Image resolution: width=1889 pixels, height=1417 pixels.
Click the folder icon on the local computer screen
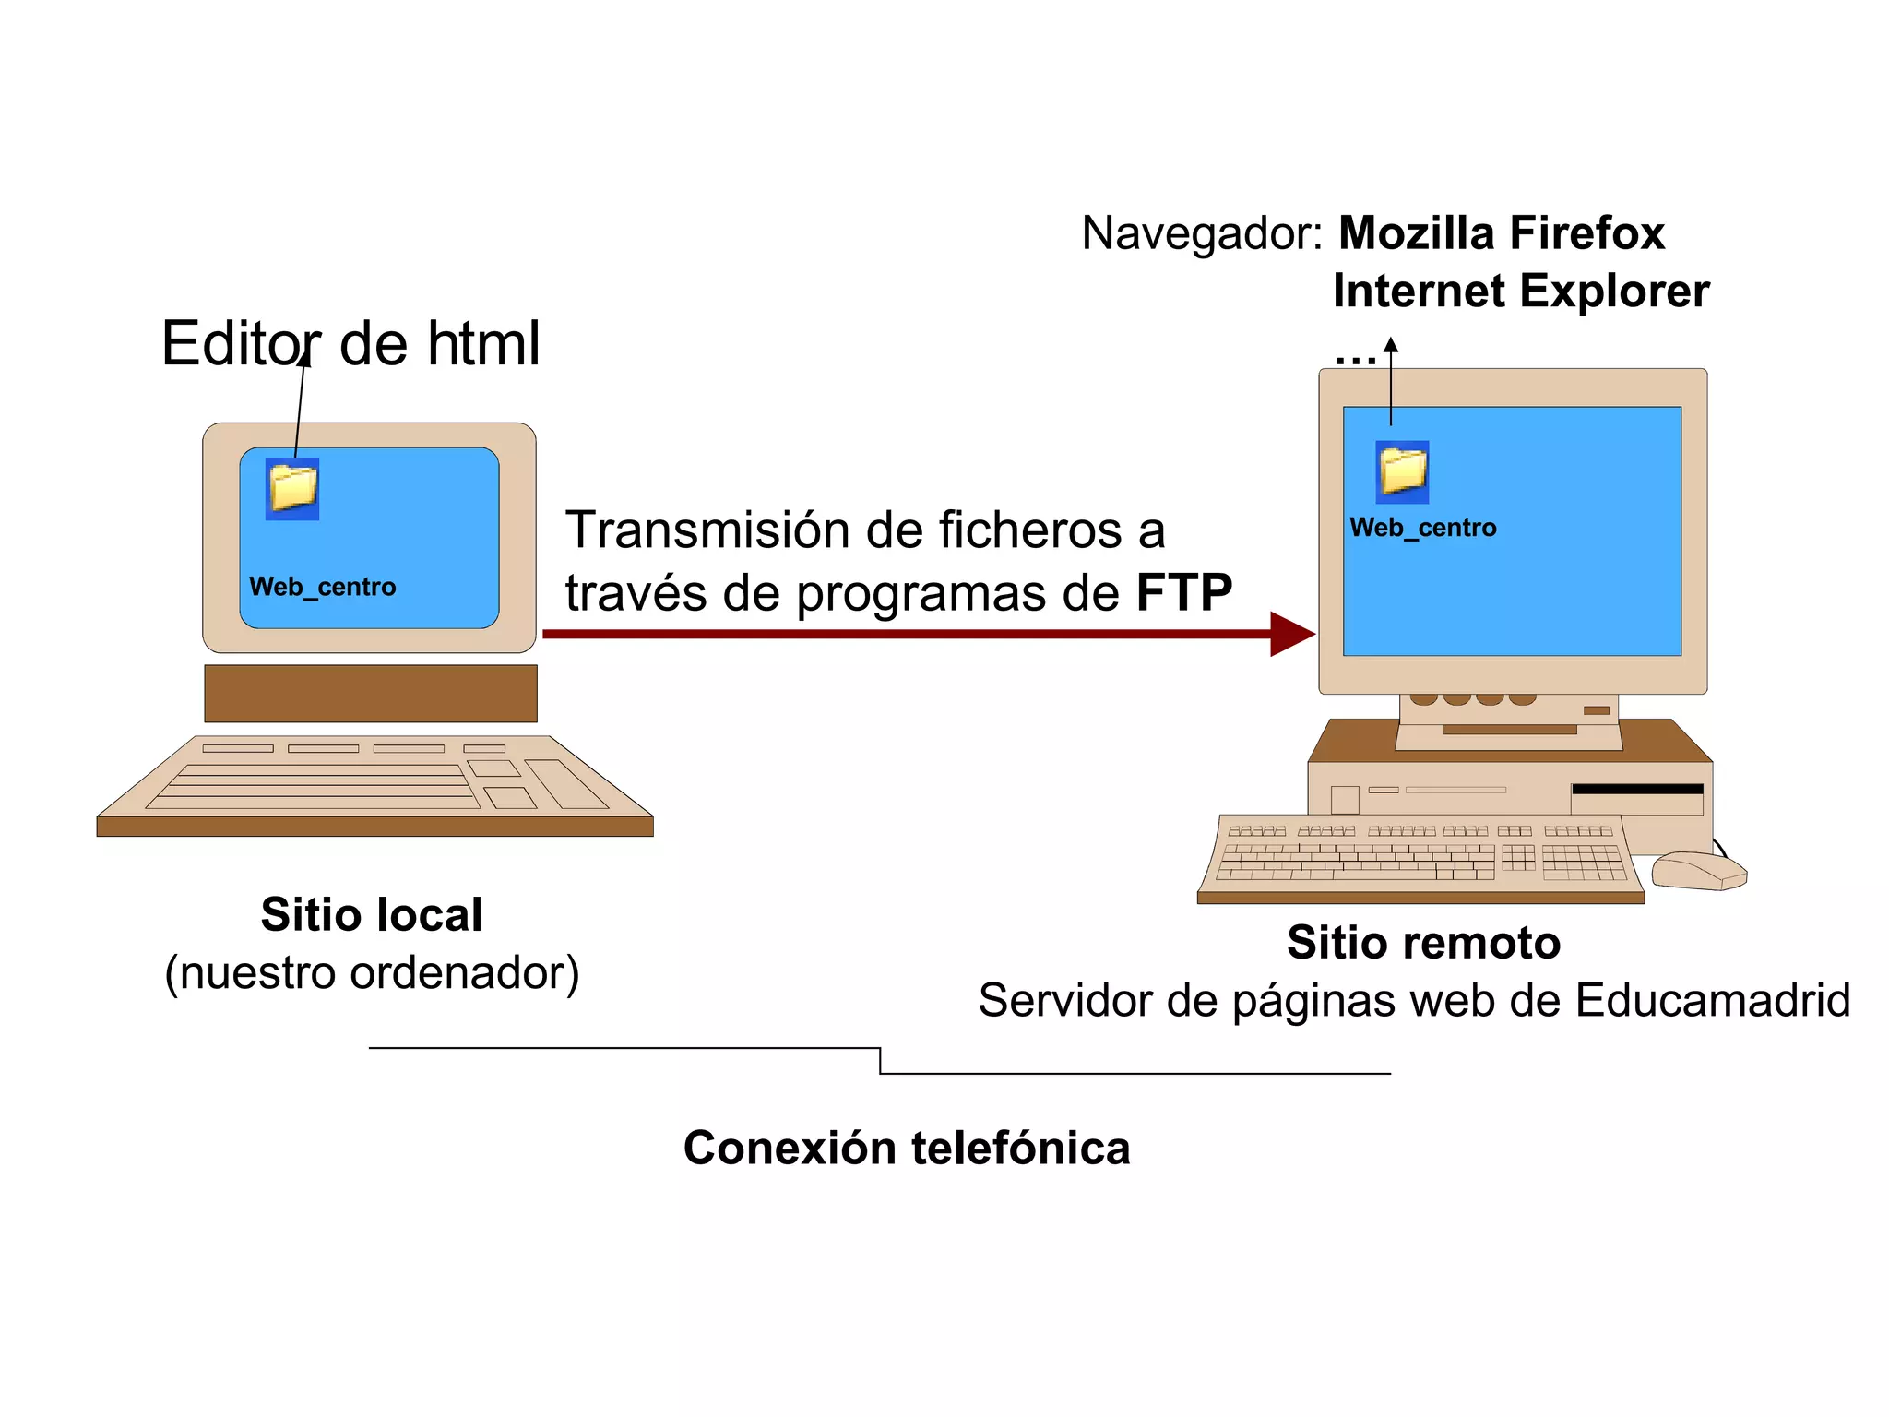(292, 488)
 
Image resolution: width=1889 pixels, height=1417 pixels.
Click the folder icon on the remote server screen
(1402, 471)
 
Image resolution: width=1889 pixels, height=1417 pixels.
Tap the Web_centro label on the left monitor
(322, 587)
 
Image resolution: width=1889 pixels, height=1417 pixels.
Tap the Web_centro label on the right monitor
(1422, 528)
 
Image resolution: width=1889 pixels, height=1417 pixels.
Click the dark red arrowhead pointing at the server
(1290, 634)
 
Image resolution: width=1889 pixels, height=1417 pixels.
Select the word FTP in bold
(1183, 592)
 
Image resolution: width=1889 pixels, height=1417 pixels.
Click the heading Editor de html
(350, 343)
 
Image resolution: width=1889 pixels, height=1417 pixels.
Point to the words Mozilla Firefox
(1501, 232)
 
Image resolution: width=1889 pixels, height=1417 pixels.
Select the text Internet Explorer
(1520, 292)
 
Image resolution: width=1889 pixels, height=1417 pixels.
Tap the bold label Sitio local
(371, 914)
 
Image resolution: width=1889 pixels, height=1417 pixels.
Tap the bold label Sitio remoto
(1423, 942)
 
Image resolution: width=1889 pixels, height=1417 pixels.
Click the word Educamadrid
(1712, 1000)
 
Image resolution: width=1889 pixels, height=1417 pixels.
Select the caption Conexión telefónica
(906, 1148)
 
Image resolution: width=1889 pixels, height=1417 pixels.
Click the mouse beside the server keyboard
(1697, 870)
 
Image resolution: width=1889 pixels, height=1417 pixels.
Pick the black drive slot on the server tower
(1636, 789)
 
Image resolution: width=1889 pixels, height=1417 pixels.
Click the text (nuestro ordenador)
(372, 972)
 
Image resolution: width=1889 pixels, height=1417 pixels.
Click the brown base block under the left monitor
(370, 693)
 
